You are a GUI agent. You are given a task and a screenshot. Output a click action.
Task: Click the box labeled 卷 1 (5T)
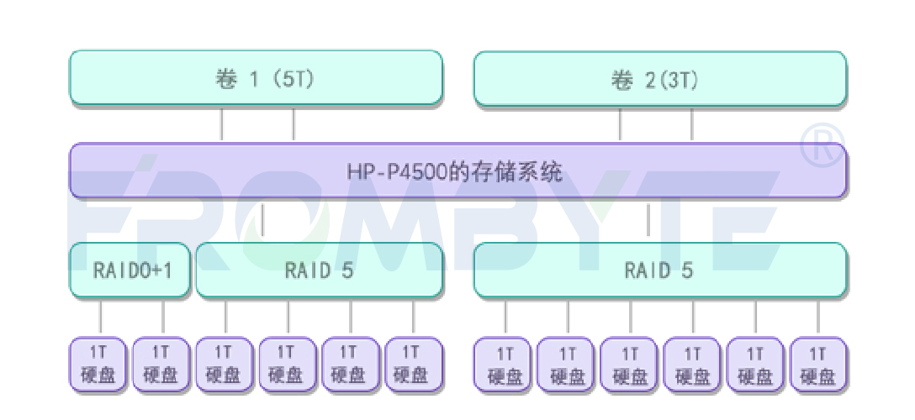(x=256, y=78)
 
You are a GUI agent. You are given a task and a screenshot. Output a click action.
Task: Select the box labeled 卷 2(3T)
(x=660, y=78)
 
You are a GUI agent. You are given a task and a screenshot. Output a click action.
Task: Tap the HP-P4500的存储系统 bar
(x=457, y=171)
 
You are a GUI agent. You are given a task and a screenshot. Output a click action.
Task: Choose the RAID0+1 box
(x=130, y=270)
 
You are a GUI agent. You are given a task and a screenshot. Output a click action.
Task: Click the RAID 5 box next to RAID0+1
(x=319, y=270)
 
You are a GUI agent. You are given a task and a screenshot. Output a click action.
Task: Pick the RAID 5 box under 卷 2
(x=660, y=270)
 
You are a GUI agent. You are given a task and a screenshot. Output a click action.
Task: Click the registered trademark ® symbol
(x=821, y=145)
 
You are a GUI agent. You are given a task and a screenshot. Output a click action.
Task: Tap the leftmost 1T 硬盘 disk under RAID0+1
(x=100, y=364)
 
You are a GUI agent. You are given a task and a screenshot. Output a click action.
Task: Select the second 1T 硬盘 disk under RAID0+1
(x=162, y=364)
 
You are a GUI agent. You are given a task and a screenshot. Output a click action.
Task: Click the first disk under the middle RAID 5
(x=225, y=364)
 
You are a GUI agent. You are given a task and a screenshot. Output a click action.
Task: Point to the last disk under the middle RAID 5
(x=413, y=364)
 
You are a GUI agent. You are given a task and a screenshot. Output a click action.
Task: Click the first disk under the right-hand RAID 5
(x=505, y=364)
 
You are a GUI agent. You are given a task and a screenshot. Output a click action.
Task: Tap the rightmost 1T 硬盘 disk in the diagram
(x=818, y=364)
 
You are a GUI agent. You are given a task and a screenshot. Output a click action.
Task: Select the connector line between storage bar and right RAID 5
(x=648, y=220)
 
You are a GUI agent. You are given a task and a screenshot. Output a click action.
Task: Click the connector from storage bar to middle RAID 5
(x=263, y=220)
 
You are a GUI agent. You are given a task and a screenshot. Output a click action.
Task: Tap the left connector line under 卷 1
(x=222, y=123)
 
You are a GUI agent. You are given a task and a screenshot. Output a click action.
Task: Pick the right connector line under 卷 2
(x=692, y=123)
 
